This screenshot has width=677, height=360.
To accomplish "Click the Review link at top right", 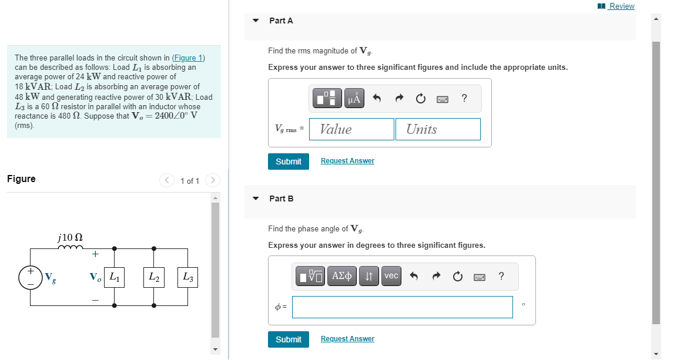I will [x=621, y=6].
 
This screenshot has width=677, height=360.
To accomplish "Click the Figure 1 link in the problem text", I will [x=187, y=58].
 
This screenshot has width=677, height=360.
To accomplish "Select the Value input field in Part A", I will [x=351, y=129].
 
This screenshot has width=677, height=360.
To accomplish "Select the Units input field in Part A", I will [x=438, y=129].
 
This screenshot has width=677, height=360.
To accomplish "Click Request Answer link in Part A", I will [x=347, y=161].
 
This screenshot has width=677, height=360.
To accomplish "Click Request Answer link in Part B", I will [x=347, y=339].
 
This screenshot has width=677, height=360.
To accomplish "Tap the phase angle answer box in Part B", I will [x=402, y=307].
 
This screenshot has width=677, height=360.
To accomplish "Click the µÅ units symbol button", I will [x=354, y=99].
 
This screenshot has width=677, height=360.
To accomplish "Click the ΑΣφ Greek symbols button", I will [x=343, y=276].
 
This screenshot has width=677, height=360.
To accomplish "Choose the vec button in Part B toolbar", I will [x=391, y=276].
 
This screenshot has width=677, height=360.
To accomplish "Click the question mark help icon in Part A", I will [x=464, y=99].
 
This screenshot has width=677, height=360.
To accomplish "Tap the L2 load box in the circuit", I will [x=154, y=277].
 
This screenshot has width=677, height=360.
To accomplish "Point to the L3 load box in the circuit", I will [x=187, y=277].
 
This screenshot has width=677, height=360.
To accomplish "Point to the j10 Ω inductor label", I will [x=71, y=237].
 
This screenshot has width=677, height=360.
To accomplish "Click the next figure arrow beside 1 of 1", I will [x=213, y=180].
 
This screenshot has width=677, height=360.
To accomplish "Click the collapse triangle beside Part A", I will [x=256, y=21].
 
